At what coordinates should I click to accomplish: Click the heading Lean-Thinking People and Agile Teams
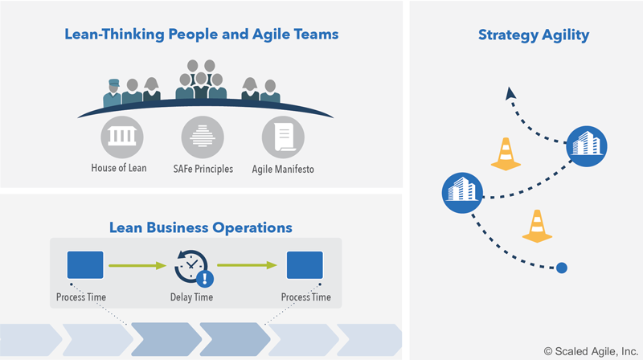click(201, 35)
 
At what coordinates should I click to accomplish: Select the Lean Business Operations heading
click(201, 227)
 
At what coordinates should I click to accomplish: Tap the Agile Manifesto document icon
click(283, 137)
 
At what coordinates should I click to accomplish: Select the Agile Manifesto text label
click(283, 169)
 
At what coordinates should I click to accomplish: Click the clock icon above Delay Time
click(191, 265)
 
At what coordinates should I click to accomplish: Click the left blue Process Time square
click(85, 264)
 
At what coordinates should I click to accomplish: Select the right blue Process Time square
click(305, 264)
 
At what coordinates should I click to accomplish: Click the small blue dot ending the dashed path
click(562, 268)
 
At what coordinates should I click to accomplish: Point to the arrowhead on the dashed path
click(510, 94)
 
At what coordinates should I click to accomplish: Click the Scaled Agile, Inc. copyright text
click(591, 350)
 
